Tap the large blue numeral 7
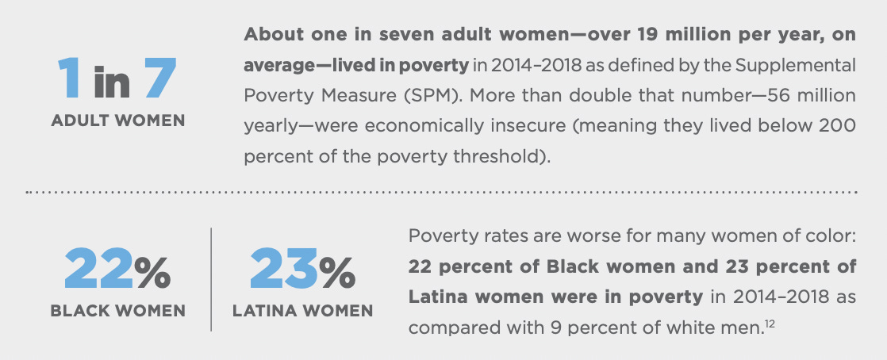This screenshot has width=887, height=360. (161, 80)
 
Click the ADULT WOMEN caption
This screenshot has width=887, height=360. (117, 121)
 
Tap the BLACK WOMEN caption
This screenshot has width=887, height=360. (117, 310)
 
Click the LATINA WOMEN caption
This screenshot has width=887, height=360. (302, 310)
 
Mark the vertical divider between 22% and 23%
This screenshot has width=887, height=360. (211, 278)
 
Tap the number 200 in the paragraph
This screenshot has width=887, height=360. (839, 124)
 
